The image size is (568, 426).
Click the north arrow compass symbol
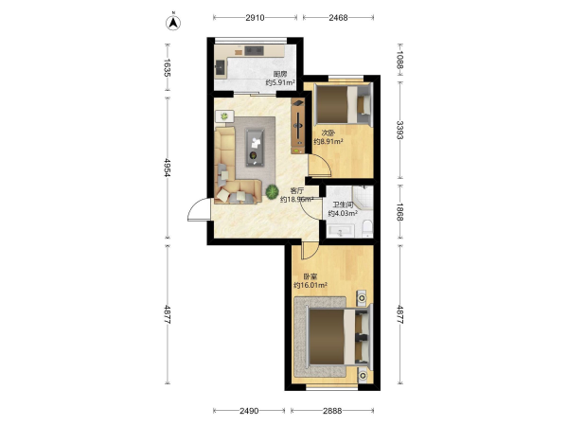point(173,23)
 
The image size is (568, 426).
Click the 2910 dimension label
point(255,17)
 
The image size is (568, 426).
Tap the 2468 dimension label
point(338,17)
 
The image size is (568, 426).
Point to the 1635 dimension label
point(167,68)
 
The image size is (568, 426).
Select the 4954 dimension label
point(167,168)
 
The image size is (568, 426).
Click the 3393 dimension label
point(399,130)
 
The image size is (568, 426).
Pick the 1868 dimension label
point(399,211)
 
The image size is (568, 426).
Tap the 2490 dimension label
point(249,411)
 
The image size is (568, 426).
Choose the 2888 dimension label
point(332,411)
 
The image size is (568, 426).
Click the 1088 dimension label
point(399,60)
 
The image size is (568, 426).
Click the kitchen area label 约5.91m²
point(280,82)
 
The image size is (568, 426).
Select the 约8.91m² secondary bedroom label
point(328,141)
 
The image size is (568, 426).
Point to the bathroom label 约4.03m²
point(343,213)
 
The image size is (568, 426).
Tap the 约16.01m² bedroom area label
point(311,285)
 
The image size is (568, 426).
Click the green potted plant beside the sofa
point(272,191)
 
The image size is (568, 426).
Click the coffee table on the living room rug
point(255,148)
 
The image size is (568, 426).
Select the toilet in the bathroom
point(367,228)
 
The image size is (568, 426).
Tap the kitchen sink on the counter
point(221,67)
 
